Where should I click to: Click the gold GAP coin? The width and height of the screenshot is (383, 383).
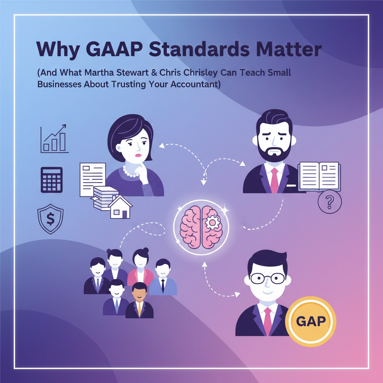coord(310,321)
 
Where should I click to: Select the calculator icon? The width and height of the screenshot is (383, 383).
coord(52,180)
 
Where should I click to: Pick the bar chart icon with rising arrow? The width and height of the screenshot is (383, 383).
coord(54,139)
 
